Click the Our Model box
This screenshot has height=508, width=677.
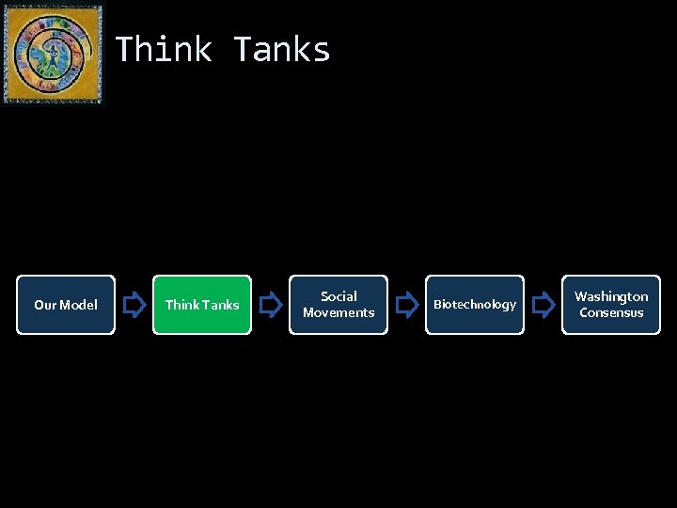click(x=66, y=305)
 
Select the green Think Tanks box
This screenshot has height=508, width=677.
click(x=202, y=305)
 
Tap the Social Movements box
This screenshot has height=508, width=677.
click(x=338, y=305)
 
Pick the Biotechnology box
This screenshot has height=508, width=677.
click(x=475, y=305)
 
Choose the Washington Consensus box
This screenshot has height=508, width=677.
click(x=611, y=305)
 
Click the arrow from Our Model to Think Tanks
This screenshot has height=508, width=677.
click(x=134, y=304)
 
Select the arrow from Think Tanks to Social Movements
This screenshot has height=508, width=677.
click(x=271, y=304)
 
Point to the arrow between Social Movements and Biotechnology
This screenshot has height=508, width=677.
click(x=407, y=304)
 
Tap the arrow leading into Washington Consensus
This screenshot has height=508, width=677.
click(x=543, y=304)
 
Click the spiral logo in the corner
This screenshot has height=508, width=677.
click(x=53, y=54)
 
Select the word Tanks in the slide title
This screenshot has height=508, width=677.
click(x=282, y=49)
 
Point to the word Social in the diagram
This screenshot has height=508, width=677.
click(x=338, y=296)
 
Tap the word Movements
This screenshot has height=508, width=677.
click(x=338, y=312)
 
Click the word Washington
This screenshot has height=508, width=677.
click(x=611, y=296)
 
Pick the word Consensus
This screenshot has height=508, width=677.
click(x=611, y=312)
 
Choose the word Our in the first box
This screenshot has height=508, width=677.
click(x=44, y=305)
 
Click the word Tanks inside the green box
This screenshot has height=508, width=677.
click(x=221, y=305)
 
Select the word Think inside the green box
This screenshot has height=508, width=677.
click(x=181, y=305)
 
